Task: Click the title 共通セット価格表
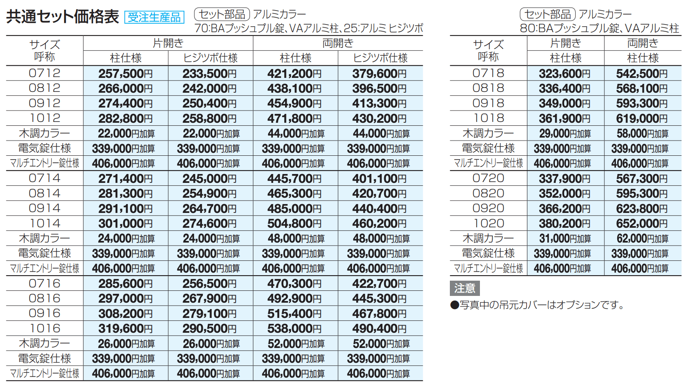(62, 17)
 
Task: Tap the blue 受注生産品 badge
(154, 17)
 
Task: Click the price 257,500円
(125, 74)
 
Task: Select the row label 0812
(44, 88)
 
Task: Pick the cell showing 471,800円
(294, 119)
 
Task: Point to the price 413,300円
(379, 103)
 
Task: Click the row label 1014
(44, 224)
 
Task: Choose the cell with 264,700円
(210, 209)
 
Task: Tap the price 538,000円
(294, 329)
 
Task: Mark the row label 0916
(44, 313)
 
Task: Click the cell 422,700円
(379, 284)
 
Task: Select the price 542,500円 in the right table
(642, 74)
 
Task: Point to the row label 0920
(488, 208)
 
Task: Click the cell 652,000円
(642, 224)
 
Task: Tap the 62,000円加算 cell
(642, 239)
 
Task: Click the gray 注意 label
(465, 288)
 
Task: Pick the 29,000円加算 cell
(565, 134)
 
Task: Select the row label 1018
(488, 118)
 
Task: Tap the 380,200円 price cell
(565, 224)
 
